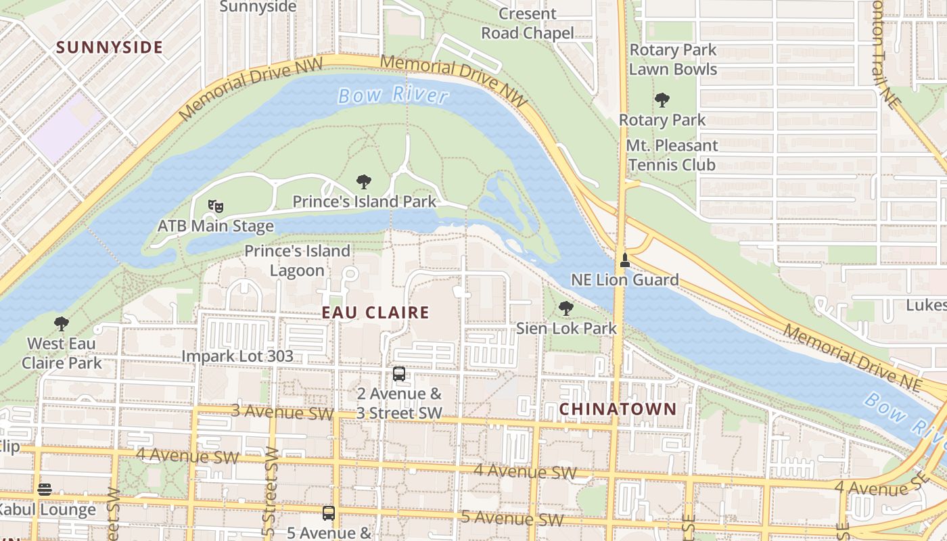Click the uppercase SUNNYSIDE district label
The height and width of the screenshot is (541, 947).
[110, 47]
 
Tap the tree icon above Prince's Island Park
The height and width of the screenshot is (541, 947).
[364, 182]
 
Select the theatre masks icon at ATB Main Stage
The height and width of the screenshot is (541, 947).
[216, 206]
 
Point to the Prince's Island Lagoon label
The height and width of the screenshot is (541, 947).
[297, 260]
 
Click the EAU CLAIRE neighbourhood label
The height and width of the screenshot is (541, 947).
[375, 312]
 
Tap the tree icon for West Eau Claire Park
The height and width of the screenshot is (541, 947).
[62, 324]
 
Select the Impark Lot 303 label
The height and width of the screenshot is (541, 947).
[237, 356]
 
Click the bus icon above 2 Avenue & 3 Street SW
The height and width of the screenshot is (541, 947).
[399, 374]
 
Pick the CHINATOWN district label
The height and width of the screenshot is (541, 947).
[618, 409]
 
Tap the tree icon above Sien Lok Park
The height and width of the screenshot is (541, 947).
[566, 309]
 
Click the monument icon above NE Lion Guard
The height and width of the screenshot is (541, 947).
[625, 260]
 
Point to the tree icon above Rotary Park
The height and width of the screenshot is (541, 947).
[662, 101]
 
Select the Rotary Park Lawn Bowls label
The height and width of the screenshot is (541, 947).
[672, 60]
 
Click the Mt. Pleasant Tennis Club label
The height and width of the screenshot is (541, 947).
[671, 155]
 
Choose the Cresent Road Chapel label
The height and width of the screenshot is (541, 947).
[528, 23]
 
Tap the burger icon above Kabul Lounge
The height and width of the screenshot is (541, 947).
[45, 490]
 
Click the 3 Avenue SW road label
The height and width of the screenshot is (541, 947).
[283, 412]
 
